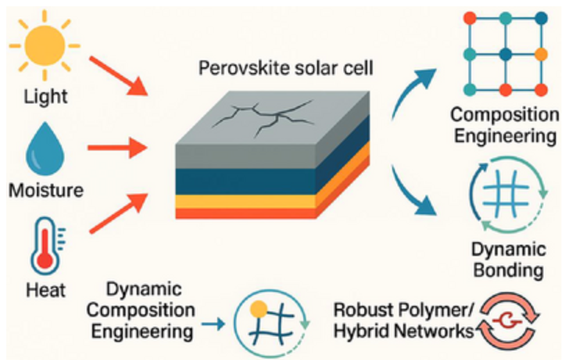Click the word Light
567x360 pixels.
tap(45, 96)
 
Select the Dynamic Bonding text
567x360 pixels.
tap(509, 259)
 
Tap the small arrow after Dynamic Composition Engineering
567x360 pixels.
tap(212, 323)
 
